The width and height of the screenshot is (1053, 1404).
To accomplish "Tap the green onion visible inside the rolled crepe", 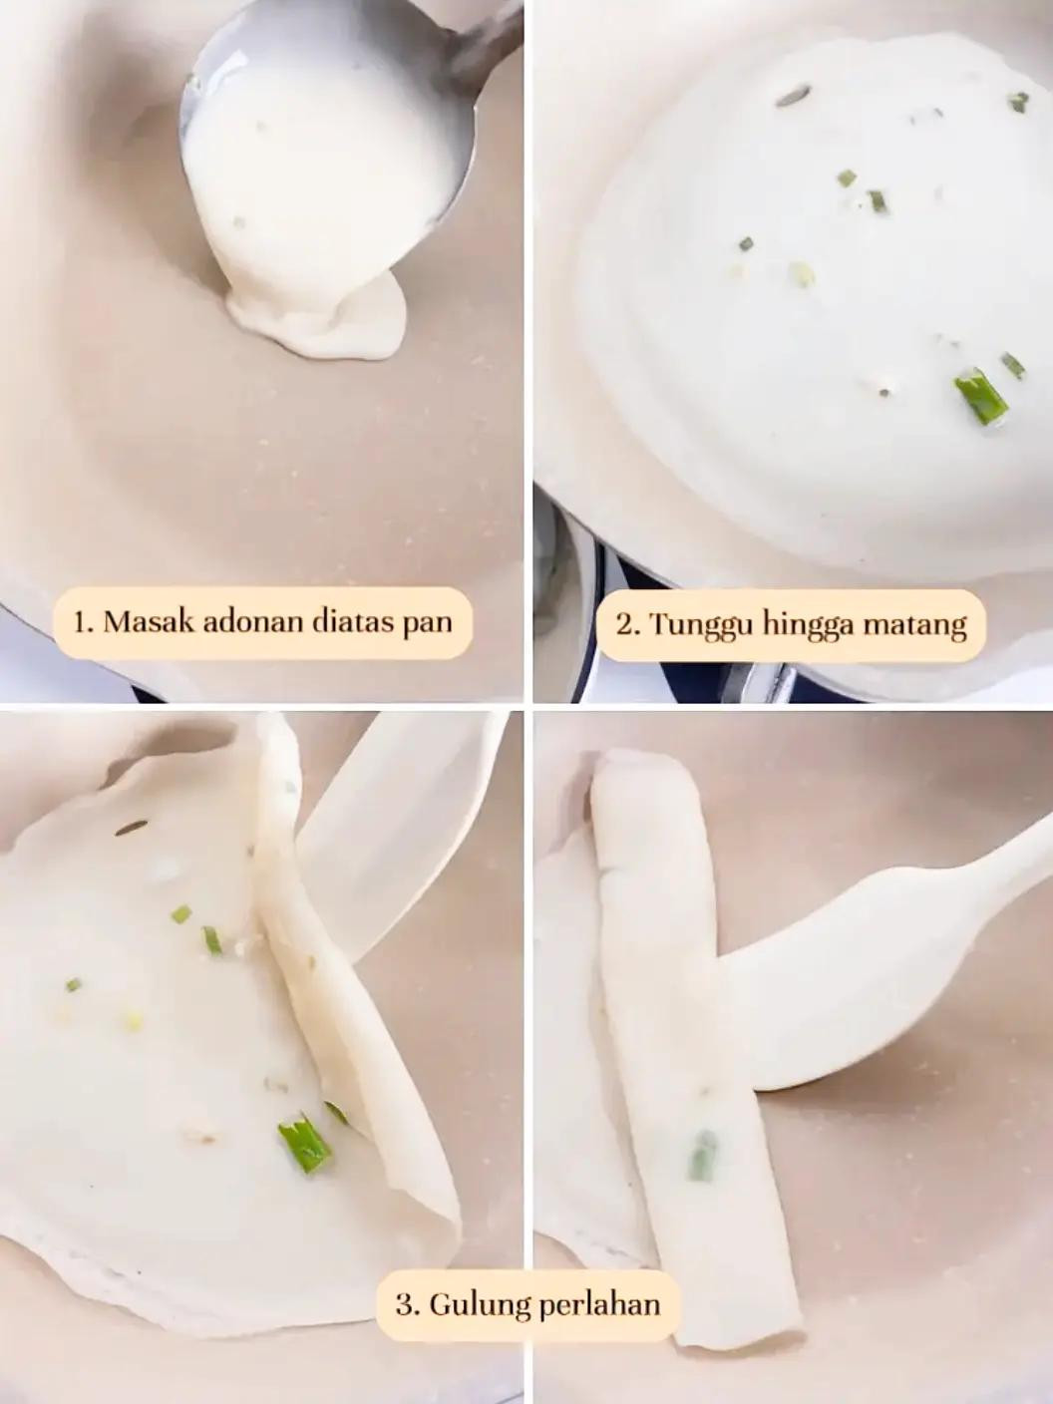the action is click(x=702, y=1155).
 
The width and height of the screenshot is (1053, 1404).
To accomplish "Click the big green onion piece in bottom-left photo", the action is click(x=305, y=1142).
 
